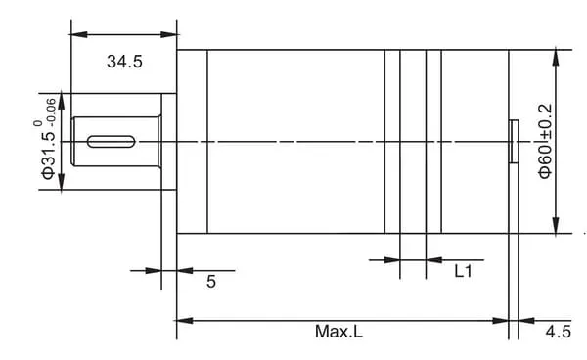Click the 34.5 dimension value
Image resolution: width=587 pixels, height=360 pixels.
tap(124, 62)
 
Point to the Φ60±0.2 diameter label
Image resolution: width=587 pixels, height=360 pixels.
tap(545, 141)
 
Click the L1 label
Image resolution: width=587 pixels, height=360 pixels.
tap(463, 271)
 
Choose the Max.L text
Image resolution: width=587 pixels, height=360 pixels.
tap(339, 332)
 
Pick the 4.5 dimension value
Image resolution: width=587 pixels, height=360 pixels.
tap(559, 332)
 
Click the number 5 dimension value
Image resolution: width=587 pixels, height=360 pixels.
tap(211, 282)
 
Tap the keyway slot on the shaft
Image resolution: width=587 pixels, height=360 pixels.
tap(111, 142)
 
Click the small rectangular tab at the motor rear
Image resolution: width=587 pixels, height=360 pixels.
tap(514, 142)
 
